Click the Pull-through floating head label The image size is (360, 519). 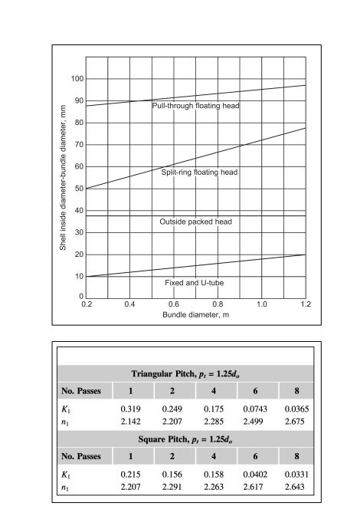click(x=196, y=105)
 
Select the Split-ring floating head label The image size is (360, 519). click(x=199, y=172)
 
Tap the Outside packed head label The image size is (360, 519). click(x=195, y=222)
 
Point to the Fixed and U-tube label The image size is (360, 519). click(x=195, y=283)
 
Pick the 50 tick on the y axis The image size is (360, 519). click(x=78, y=189)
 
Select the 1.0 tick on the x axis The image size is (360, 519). click(x=262, y=305)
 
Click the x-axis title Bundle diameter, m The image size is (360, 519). click(x=195, y=315)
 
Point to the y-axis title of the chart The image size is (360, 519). click(x=63, y=188)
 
